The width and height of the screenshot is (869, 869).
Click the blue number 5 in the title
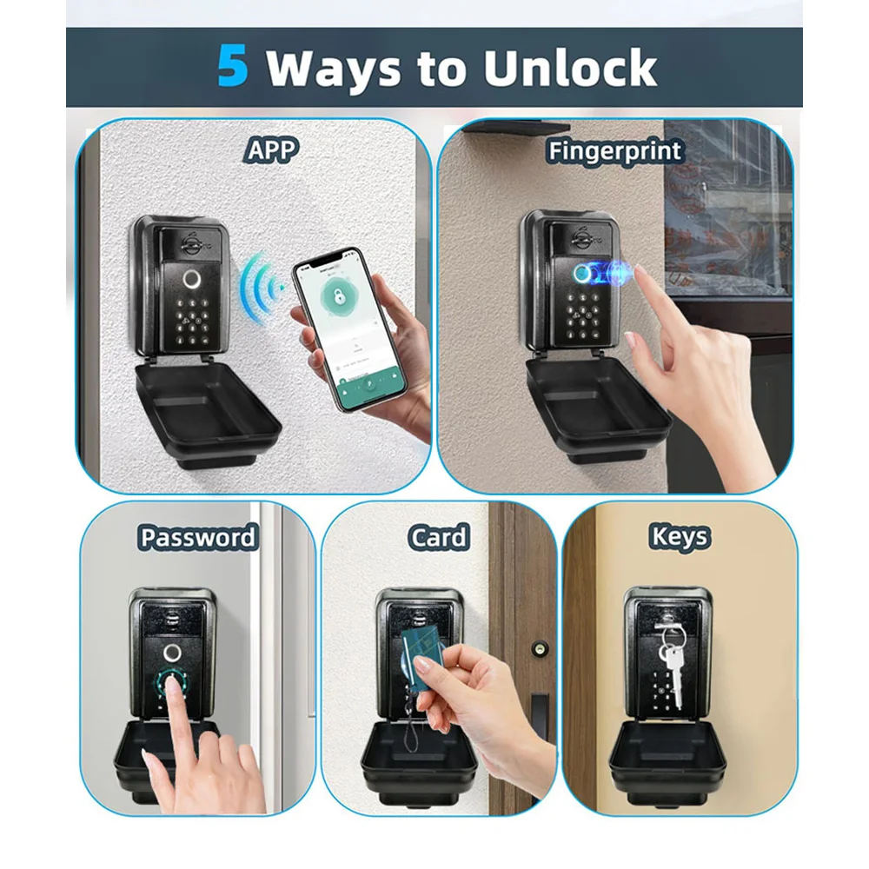click(x=233, y=67)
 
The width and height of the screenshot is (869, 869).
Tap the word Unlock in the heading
click(x=570, y=69)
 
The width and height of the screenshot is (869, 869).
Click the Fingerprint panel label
click(x=614, y=150)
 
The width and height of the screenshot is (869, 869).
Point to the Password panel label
click(x=198, y=537)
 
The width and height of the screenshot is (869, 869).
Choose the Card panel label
click(x=439, y=537)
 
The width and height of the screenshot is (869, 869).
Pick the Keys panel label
click(x=679, y=537)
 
